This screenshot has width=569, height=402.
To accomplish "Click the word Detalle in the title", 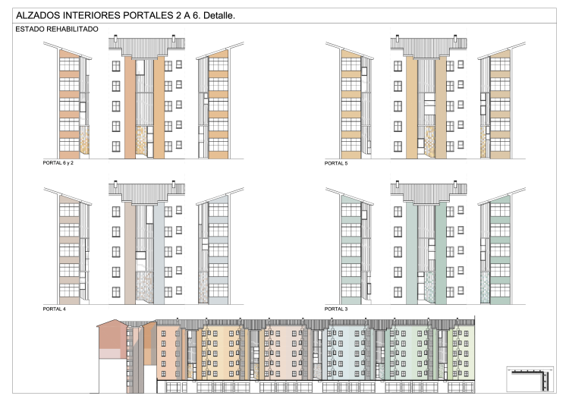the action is (218, 15).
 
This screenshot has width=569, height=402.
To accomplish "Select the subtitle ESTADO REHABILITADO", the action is (57, 29).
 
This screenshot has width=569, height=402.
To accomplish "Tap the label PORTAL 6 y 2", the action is (58, 163).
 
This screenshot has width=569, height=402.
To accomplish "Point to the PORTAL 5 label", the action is (336, 163).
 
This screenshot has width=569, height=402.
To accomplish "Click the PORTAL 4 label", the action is (55, 309).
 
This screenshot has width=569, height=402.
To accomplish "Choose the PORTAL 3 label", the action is (336, 309).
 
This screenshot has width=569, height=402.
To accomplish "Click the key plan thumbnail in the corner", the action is (530, 379).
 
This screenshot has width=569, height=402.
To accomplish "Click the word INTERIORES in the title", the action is (92, 15).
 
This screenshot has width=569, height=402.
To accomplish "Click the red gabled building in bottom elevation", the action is (113, 339).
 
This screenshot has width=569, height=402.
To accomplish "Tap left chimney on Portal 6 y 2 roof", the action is (116, 37).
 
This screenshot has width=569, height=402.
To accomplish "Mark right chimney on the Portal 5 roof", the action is (455, 37).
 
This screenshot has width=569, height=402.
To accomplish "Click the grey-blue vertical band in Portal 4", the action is (159, 253).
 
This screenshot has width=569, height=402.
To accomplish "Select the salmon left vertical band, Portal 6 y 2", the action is (130, 108).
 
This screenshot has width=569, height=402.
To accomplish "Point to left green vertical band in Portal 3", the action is (412, 253).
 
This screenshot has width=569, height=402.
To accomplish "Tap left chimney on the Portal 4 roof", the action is (116, 184).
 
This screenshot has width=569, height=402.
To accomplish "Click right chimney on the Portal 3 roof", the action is (455, 184).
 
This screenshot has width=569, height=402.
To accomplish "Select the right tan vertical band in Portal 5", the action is (441, 108).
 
